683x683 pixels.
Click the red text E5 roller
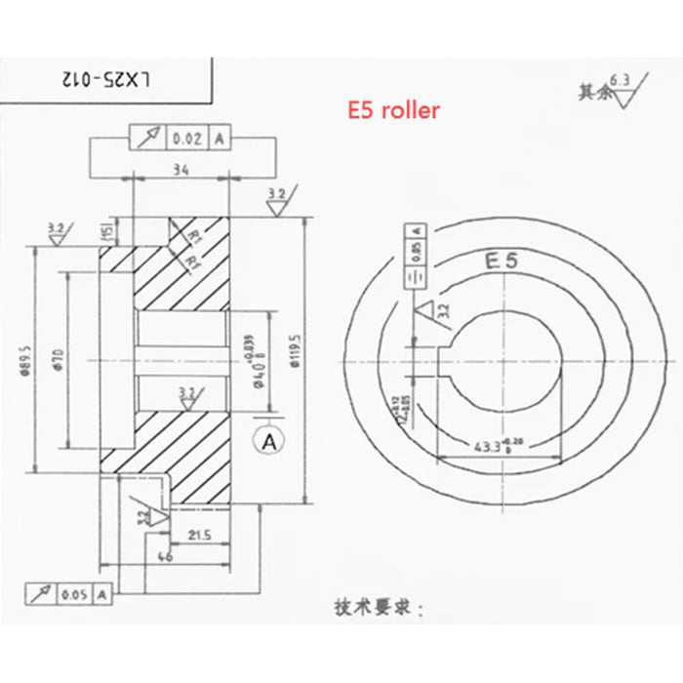(394, 110)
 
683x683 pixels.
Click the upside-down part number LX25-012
(105, 78)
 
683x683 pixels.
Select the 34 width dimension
(180, 170)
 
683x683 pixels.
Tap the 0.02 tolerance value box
(186, 139)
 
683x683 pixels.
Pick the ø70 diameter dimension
(58, 358)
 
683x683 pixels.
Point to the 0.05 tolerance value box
(75, 592)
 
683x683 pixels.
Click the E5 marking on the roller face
(500, 261)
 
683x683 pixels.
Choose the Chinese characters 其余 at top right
(591, 93)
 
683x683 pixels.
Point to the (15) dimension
(102, 230)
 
